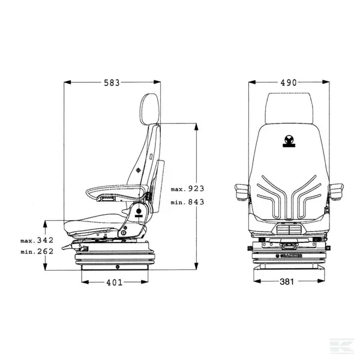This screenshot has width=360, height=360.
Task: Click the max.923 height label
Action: click(188, 188)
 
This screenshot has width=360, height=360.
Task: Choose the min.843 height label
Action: click(188, 202)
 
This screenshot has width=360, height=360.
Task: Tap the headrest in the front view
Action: click(290, 109)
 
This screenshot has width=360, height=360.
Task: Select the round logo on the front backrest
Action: click(290, 141)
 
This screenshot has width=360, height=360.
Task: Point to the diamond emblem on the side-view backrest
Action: click(139, 170)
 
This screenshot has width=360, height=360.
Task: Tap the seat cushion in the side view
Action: click(96, 225)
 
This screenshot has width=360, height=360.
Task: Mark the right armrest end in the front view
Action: click(337, 191)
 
